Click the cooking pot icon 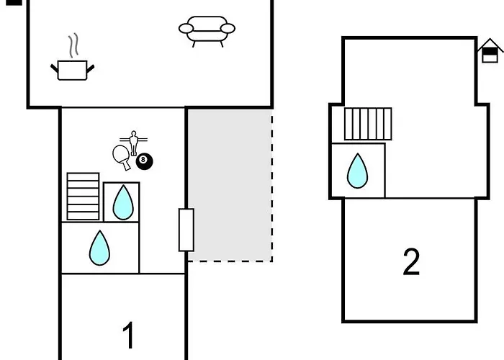tap(72, 70)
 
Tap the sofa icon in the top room tap(207, 30)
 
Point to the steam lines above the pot tap(73, 46)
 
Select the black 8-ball tap(144, 161)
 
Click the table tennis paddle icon tap(122, 156)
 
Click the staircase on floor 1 tap(83, 196)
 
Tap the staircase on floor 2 tap(368, 124)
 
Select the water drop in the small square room tap(122, 202)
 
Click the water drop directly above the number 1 tap(99, 248)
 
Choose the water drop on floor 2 tap(357, 171)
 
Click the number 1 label tap(128, 335)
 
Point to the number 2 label tap(411, 262)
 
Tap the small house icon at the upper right tap(490, 51)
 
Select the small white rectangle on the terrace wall tap(186, 230)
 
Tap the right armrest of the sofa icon tap(228, 29)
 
